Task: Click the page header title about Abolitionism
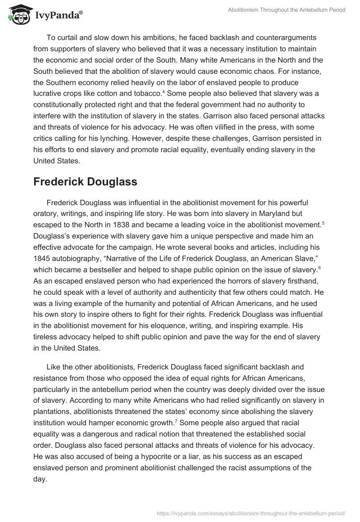pos(286,10)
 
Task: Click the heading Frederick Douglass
pos(85,182)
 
